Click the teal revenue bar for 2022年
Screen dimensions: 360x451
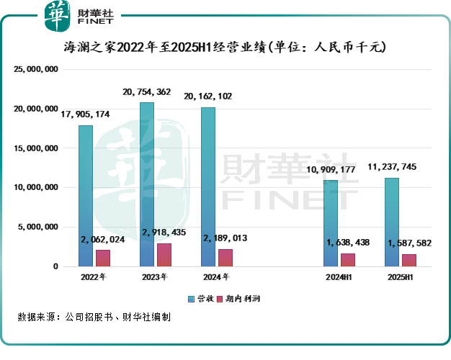point(85,196)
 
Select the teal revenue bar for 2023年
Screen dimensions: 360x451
point(147,184)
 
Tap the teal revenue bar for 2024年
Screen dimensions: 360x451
point(208,186)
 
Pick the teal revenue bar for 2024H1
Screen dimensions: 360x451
point(331,223)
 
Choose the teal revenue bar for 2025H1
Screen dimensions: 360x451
point(392,222)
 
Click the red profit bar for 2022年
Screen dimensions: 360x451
point(104,258)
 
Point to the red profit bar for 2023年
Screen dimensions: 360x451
point(165,255)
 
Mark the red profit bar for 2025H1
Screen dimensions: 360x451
point(410,260)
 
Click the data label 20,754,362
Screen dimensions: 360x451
point(147,92)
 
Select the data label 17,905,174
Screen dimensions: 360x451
point(85,114)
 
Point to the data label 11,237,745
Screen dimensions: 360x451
point(392,167)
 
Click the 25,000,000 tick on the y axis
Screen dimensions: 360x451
point(35,70)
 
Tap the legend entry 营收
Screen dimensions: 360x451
point(203,298)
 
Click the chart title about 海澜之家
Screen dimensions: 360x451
point(225,48)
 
